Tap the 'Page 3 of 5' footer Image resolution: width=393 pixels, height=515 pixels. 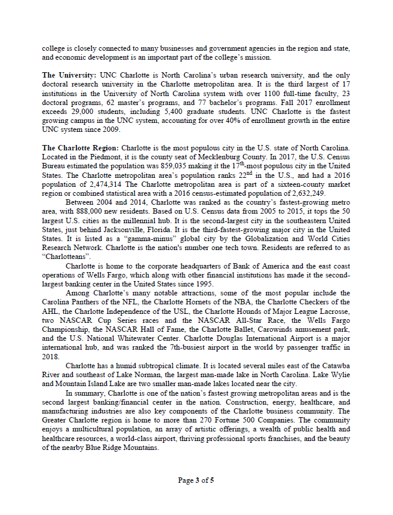[x=196, y=480]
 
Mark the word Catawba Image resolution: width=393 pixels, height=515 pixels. [x=335, y=365]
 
